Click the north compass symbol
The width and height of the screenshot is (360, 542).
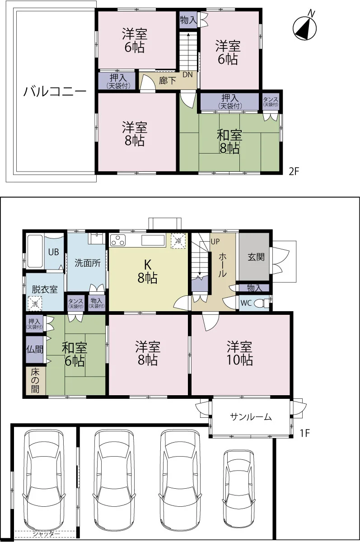pos(304,28)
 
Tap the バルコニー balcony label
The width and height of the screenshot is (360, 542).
pos(55,92)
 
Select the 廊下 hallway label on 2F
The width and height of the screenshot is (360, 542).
pos(168,80)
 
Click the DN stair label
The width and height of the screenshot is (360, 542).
pos(187,75)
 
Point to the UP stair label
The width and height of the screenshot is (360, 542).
pos(215,242)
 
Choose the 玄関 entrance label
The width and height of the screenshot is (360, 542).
pos(256,257)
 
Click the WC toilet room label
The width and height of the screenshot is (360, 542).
pos(246,303)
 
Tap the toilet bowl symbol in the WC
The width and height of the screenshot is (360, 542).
pos(262,303)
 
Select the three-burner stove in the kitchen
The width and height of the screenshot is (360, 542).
pos(118,240)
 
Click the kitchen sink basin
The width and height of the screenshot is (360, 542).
pos(153,240)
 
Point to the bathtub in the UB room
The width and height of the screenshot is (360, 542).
pos(35,251)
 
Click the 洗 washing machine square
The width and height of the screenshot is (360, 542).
pos(35,304)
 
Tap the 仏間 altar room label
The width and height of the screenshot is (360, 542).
pos(35,350)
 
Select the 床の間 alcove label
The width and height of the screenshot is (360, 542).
pos(35,381)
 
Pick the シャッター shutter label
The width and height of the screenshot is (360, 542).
pos(46,533)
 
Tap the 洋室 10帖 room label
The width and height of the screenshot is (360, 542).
pos(240,353)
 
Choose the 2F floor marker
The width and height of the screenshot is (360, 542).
pos(294,171)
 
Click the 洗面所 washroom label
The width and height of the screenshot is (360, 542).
pos(88,263)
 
